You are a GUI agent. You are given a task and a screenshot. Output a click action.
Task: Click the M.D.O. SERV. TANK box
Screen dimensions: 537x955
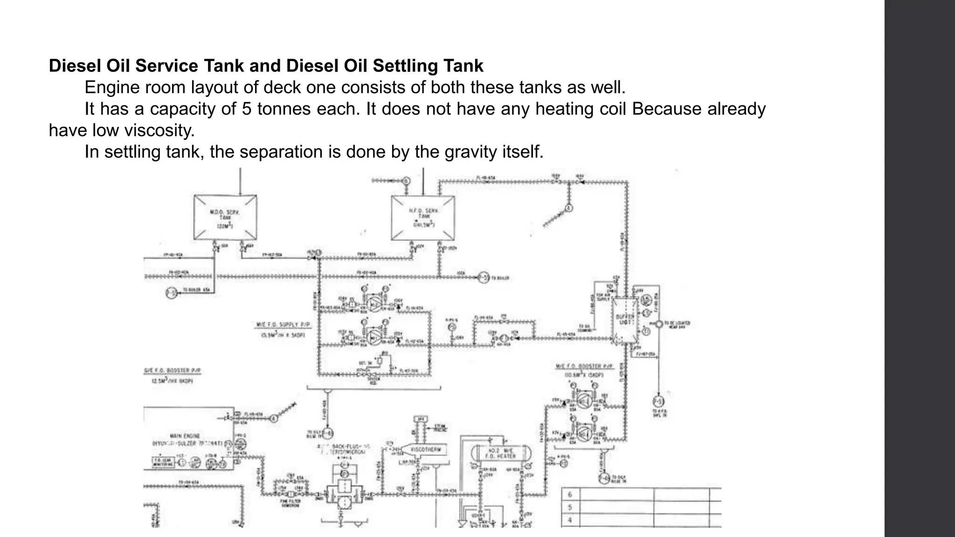click(x=225, y=218)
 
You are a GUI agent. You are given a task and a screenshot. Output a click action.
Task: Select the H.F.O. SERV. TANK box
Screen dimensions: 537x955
click(x=422, y=218)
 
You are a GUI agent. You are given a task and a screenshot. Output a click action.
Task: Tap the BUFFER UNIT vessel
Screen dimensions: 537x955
click(x=625, y=320)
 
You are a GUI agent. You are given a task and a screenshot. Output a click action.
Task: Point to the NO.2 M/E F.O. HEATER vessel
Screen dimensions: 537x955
click(x=501, y=453)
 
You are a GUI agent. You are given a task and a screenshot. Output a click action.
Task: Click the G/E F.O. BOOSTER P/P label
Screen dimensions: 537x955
click(x=172, y=371)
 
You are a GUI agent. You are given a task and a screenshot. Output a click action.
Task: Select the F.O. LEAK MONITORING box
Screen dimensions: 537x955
click(x=163, y=462)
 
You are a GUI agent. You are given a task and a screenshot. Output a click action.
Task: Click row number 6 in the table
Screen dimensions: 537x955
click(x=570, y=495)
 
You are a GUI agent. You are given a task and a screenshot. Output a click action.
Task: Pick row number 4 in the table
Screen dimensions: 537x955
click(x=570, y=520)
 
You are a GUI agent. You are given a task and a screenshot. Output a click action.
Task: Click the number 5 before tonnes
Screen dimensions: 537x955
click(x=247, y=109)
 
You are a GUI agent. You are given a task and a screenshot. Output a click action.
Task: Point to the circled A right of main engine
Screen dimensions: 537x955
click(x=274, y=418)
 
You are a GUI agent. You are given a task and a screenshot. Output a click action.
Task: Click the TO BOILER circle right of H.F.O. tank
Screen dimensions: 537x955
click(x=483, y=278)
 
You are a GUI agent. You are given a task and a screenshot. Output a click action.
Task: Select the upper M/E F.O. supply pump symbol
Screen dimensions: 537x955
click(x=374, y=304)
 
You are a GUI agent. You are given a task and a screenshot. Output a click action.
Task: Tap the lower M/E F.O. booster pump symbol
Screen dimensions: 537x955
click(x=583, y=433)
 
